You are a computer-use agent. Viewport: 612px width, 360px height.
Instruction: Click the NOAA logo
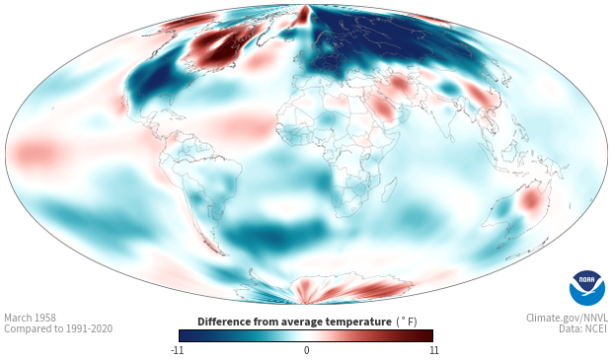pos(587,288)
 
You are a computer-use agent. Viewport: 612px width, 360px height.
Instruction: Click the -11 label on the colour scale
pos(177,350)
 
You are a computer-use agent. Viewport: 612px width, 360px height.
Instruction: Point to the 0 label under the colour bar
pos(306,350)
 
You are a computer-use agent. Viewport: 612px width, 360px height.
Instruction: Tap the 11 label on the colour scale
pos(434,350)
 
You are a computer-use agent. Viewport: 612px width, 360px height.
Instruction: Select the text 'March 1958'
pos(30,318)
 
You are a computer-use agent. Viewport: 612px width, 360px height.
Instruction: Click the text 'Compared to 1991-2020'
pos(58,328)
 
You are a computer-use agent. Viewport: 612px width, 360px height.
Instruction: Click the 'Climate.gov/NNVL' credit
pos(567,318)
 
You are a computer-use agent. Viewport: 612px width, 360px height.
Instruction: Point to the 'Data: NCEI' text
pos(583,328)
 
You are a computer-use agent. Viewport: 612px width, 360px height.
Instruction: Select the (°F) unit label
pos(407,323)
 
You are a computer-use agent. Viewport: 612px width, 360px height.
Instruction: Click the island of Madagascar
pos(389,189)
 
